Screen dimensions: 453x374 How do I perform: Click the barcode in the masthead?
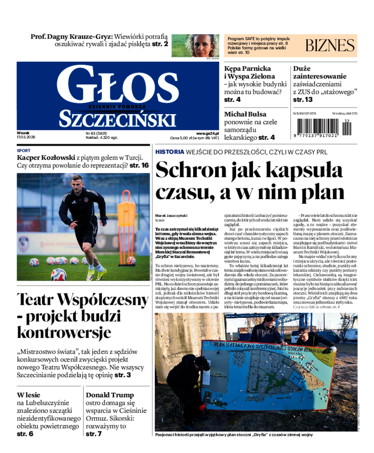[322, 126]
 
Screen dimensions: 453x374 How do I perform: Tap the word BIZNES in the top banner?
[330, 45]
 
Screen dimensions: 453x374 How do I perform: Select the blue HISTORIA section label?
[170, 152]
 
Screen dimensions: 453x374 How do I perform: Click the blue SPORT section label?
[23, 151]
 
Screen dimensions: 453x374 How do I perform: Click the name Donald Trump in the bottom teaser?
[110, 395]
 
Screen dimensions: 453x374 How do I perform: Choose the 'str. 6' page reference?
[25, 434]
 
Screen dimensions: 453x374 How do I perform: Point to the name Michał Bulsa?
[245, 114]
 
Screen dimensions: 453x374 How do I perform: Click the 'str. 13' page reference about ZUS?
[302, 100]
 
